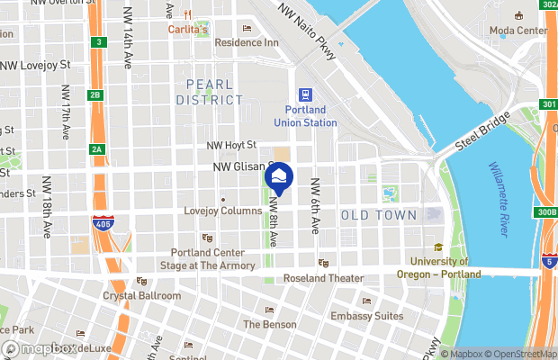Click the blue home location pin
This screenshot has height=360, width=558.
tap(278, 175)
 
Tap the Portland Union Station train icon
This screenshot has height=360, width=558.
tap(305, 94)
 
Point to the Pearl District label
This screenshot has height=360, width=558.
tap(214, 92)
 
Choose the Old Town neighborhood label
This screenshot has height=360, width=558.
tap(378, 215)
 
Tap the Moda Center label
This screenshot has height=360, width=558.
tap(517, 30)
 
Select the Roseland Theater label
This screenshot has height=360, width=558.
tap(323, 277)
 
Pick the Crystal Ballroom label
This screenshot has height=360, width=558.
tap(141, 295)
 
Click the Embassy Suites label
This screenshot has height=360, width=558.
tap(365, 316)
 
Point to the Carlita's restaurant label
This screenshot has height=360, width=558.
tap(188, 29)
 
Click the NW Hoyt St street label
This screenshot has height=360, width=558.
tap(234, 144)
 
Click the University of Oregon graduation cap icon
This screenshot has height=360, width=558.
tap(438, 247)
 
